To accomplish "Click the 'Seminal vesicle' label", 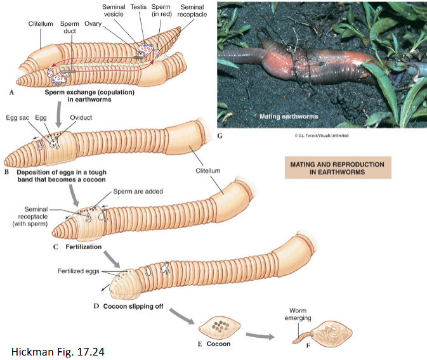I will tap(114, 10).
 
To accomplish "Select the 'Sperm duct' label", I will tap(70, 28).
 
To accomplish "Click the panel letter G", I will tap(220, 135).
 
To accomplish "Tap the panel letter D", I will tap(96, 306).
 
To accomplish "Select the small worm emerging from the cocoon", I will tap(303, 338).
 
